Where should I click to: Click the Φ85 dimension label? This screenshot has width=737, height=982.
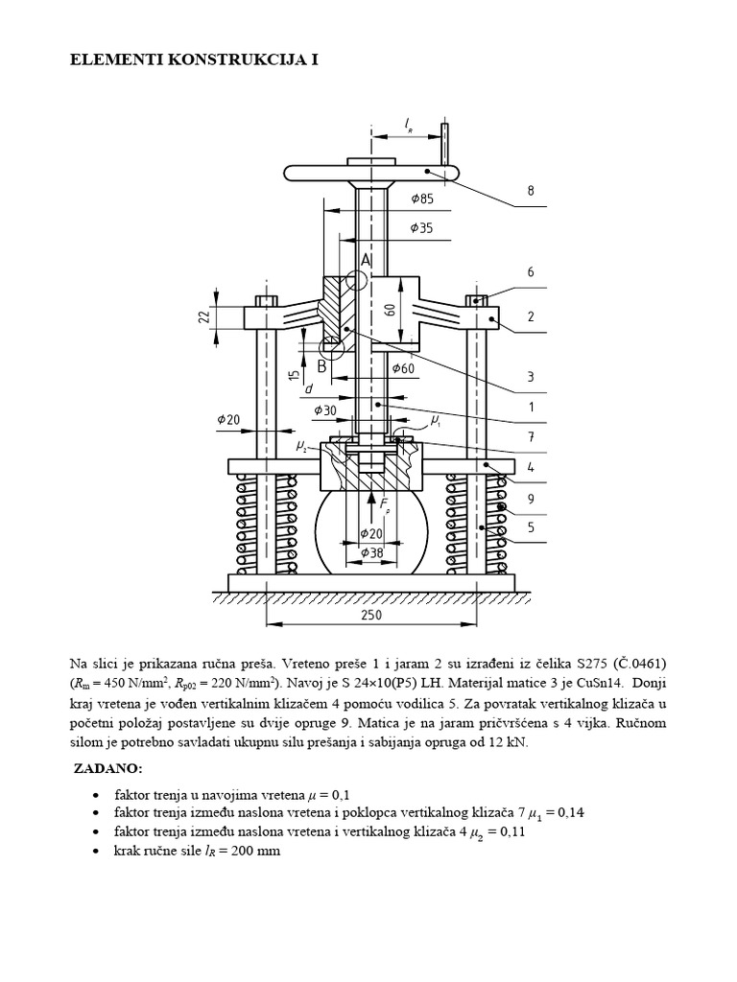click(x=422, y=199)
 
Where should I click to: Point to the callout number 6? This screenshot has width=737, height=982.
click(x=530, y=273)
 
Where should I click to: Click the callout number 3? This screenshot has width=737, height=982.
click(x=530, y=376)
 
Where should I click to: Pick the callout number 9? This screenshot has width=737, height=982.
click(x=530, y=498)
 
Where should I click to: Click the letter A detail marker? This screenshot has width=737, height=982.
click(x=366, y=260)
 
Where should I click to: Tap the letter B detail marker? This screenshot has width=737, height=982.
click(x=322, y=365)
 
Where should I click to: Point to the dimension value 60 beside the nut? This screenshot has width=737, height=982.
click(x=390, y=309)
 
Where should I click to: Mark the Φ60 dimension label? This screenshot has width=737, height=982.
click(x=404, y=368)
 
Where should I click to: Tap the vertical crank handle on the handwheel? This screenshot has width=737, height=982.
click(x=445, y=144)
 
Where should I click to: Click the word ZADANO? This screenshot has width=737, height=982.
click(x=107, y=769)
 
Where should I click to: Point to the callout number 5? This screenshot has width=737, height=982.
click(x=530, y=526)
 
